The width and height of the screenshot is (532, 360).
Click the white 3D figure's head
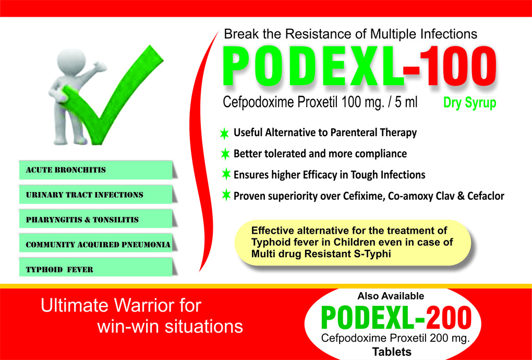coord(68,61)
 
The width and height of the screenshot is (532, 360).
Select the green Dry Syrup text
coord(469,103)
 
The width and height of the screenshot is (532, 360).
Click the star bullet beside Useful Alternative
coord(225,134)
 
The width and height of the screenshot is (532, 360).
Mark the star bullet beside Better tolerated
coord(225,154)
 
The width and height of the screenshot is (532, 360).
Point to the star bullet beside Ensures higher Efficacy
coord(225,174)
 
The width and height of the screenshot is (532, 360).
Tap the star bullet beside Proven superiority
coord(225,196)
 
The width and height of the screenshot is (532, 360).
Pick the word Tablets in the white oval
coord(391,352)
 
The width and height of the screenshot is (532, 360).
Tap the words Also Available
coord(391,296)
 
